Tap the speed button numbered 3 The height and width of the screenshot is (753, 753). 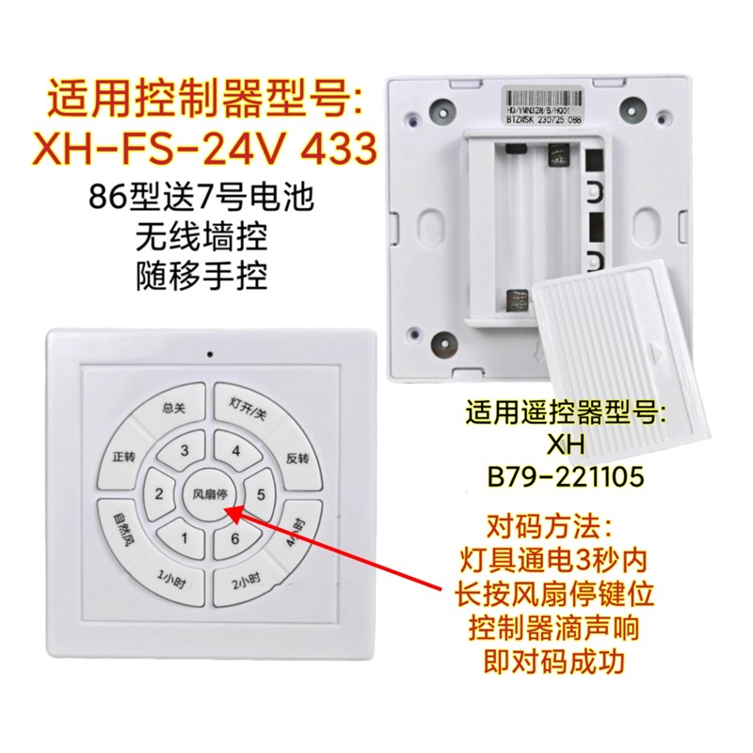184,450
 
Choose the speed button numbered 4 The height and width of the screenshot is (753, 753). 235,450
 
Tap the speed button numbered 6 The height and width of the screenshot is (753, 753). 232,539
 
